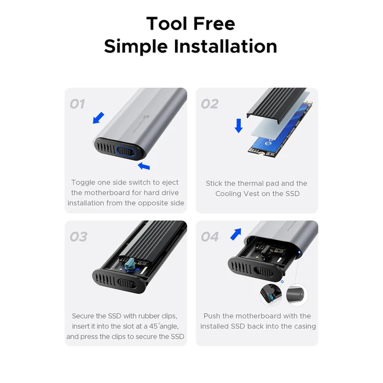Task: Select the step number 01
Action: click(77, 103)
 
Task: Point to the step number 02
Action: click(210, 103)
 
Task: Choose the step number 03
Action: click(78, 236)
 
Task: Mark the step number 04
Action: click(210, 236)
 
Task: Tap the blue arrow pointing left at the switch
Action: click(143, 165)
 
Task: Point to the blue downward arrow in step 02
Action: click(239, 125)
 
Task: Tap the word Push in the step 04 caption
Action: click(213, 316)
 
